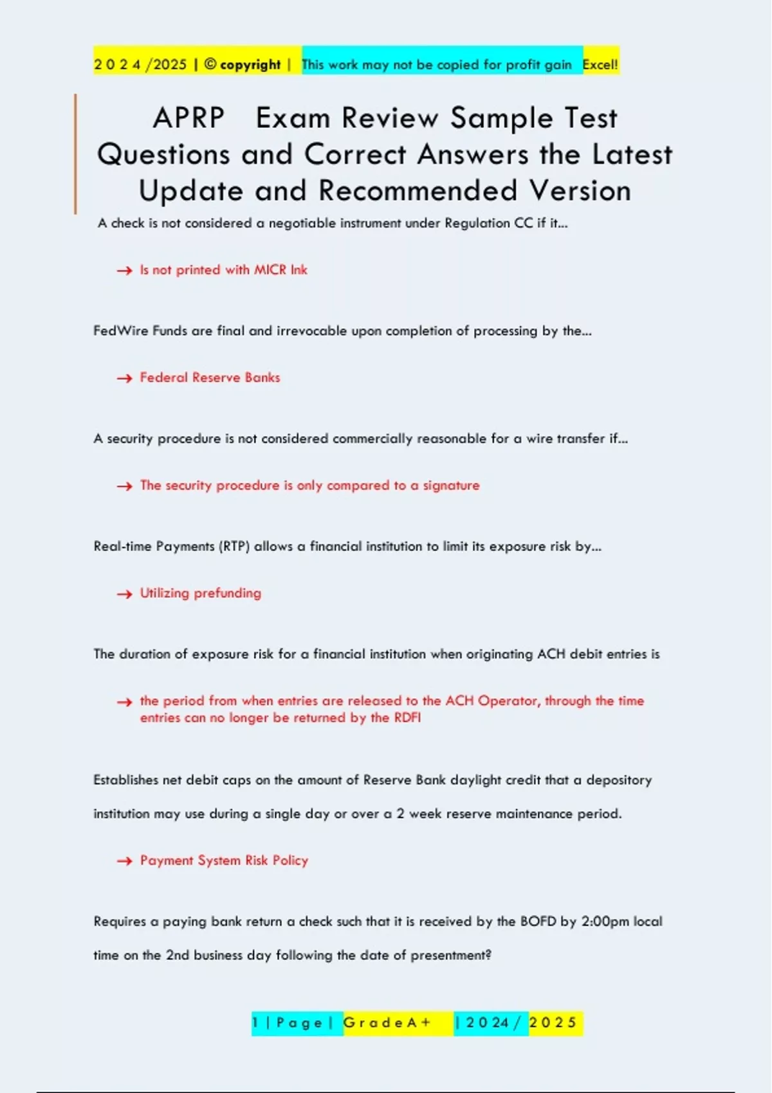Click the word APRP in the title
coord(188,118)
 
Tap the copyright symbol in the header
coord(210,64)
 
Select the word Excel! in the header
coord(600,64)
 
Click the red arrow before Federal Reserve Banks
coord(124,379)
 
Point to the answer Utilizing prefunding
coord(201,593)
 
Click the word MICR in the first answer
coord(270,270)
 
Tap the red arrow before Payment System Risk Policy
coord(124,862)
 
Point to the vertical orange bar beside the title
coord(75,154)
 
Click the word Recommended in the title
coord(418,191)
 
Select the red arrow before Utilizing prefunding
coord(124,594)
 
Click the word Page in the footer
coord(299,1023)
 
